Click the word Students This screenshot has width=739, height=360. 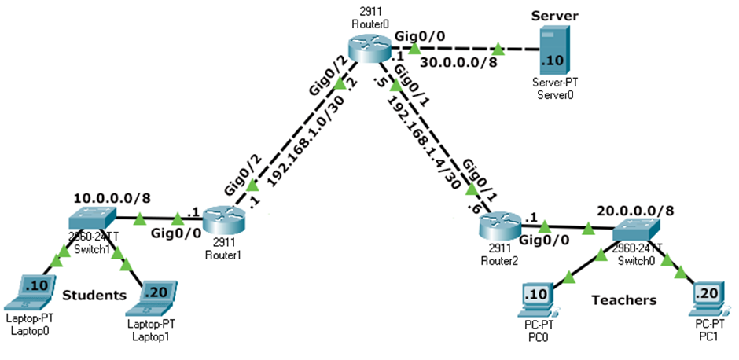[x=94, y=296]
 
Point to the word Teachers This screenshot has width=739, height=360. [x=624, y=300]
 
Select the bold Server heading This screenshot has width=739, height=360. [x=554, y=16]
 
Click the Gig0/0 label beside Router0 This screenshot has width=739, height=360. [x=420, y=35]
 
